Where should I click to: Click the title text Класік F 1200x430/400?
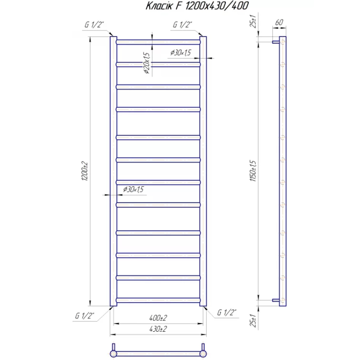197,6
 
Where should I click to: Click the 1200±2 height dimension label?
85,171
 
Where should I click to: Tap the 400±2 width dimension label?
158,318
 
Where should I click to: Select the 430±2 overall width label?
158,329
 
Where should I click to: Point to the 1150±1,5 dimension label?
253,171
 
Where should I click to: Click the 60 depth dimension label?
279,22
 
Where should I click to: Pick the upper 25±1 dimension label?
253,21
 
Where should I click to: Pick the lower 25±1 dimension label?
253,320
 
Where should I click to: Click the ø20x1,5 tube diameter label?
147,63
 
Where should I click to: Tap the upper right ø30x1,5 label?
181,53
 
